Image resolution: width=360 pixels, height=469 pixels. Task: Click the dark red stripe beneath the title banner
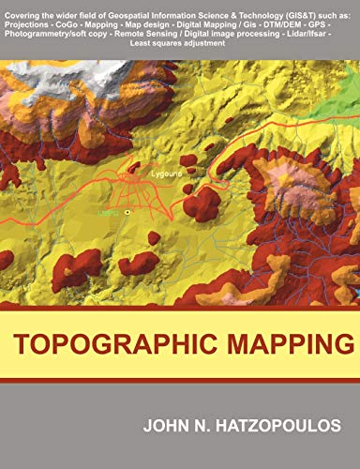(180, 381)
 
